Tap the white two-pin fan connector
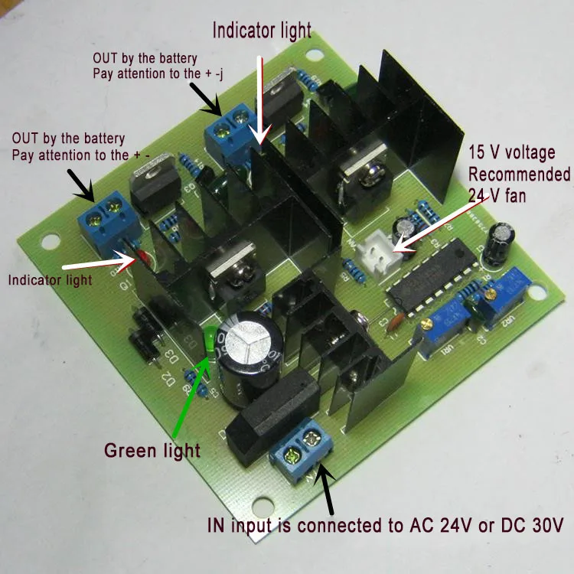378,245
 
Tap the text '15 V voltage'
512,152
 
